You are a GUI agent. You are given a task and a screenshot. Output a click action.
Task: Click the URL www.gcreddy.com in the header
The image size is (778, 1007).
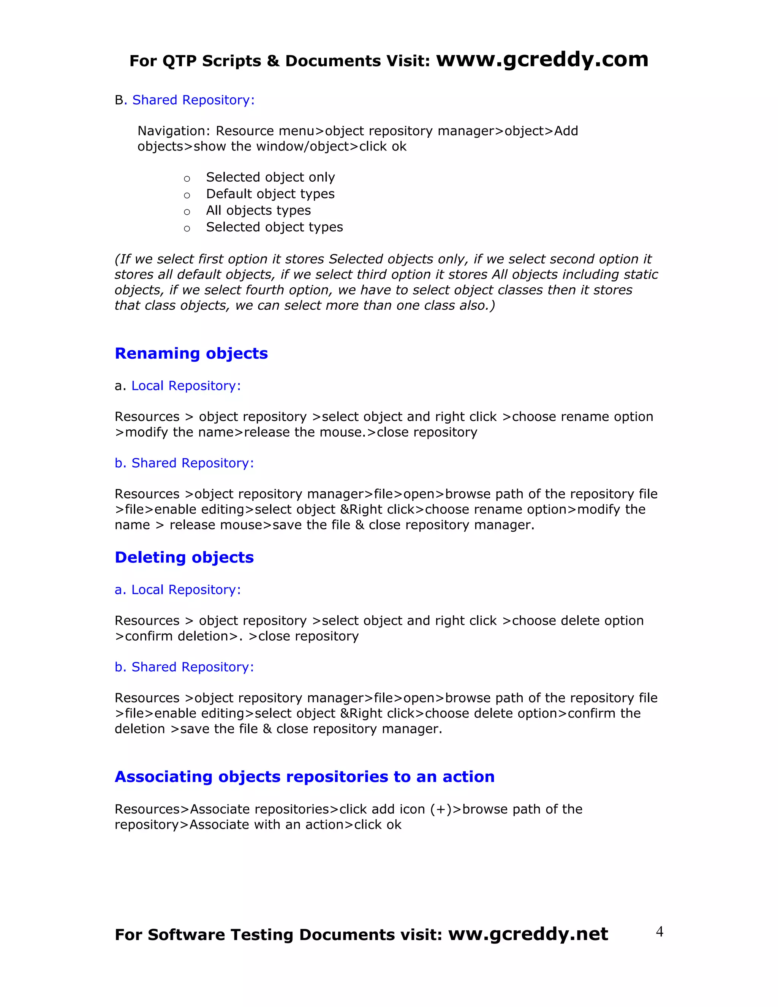542,60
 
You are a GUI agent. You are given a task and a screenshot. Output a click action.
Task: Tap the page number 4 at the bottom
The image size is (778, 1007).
659,932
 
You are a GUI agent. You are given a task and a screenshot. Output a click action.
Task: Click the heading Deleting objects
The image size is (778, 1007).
184,557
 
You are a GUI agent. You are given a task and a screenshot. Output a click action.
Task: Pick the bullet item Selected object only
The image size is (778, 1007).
270,177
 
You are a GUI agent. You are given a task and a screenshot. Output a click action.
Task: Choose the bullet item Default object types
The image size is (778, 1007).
270,194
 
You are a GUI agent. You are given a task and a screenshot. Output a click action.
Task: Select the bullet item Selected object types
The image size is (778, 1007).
274,227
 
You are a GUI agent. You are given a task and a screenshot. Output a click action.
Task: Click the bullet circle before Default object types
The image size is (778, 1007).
187,195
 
